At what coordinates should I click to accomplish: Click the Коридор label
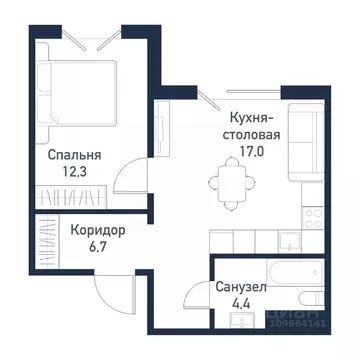[98, 228]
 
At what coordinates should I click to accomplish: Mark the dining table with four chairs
[226, 182]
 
